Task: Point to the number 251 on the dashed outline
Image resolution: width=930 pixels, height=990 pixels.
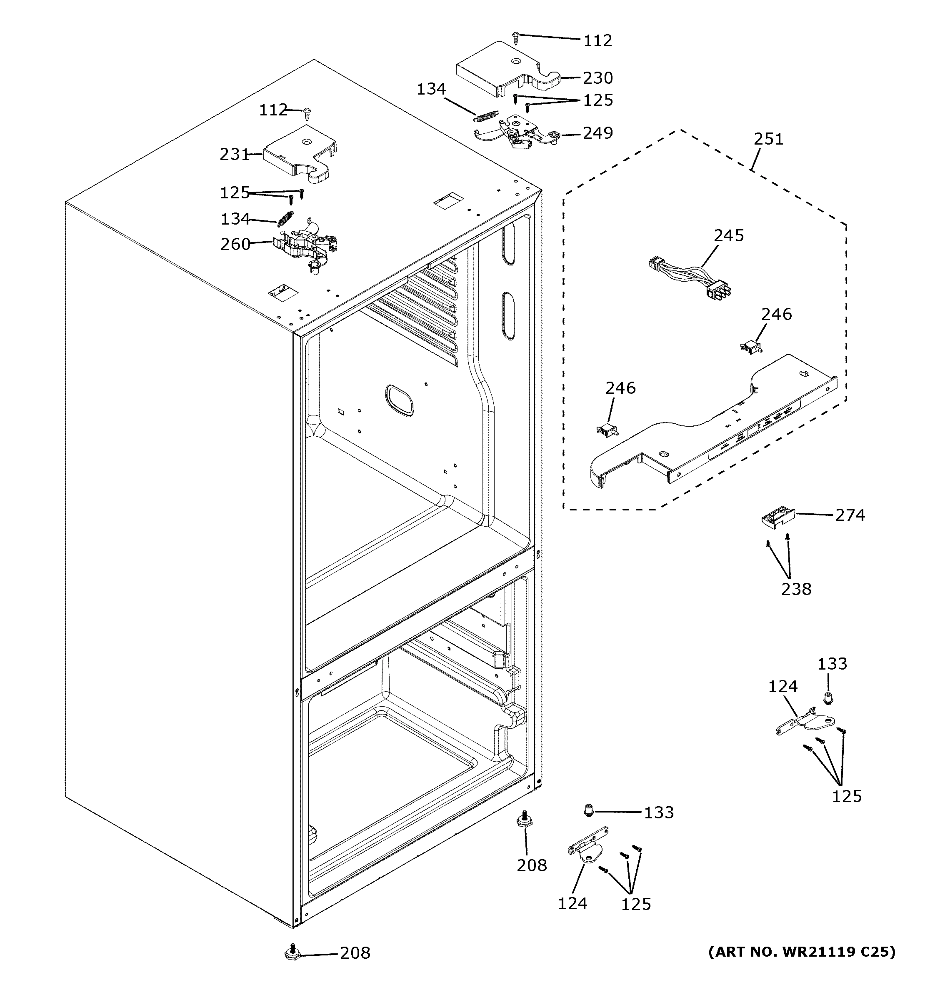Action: click(768, 139)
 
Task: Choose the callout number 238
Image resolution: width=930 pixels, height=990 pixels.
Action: click(796, 589)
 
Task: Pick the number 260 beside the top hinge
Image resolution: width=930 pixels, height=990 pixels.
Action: click(235, 244)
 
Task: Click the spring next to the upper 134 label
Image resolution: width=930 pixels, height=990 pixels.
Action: click(486, 115)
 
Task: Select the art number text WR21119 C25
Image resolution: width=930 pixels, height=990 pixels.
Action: click(802, 952)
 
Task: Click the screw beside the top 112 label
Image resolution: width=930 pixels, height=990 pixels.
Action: click(516, 36)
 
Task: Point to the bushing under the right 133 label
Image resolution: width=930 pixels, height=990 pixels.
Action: click(828, 699)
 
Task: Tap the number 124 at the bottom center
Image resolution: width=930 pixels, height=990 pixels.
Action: click(572, 903)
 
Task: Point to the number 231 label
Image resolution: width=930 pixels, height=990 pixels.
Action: click(234, 155)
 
